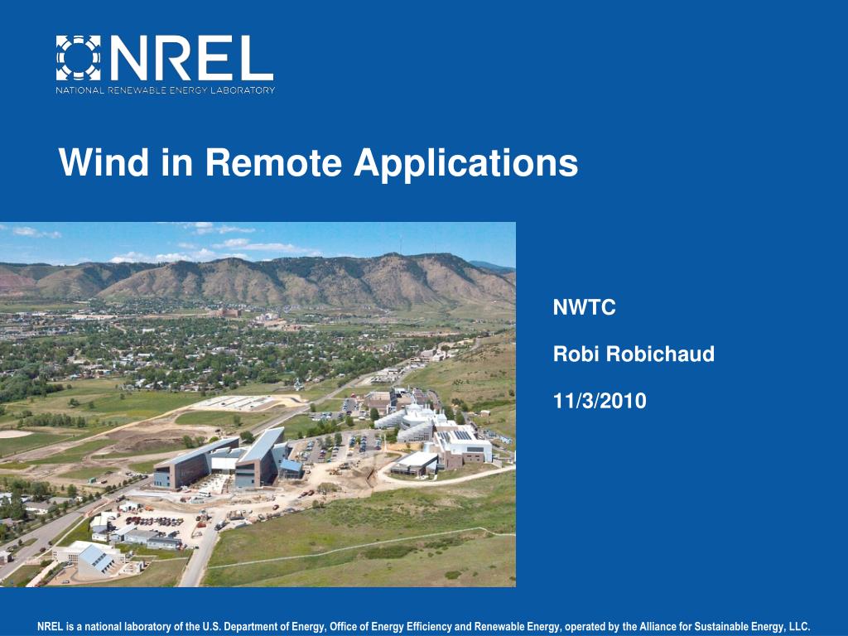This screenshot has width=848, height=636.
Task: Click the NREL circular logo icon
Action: [x=79, y=58]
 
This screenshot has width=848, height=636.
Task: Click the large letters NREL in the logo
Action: [x=192, y=58]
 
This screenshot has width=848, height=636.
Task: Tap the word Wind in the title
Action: [x=104, y=161]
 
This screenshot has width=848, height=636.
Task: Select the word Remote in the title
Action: [x=273, y=161]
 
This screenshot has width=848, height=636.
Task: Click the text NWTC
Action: [x=584, y=308]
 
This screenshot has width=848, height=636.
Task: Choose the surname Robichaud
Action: [x=660, y=354]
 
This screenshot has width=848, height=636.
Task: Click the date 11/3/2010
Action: [x=600, y=401]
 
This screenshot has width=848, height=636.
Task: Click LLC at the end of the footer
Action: [x=800, y=627]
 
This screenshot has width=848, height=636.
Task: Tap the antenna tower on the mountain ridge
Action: [x=400, y=245]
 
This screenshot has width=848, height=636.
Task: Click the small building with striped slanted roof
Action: [x=96, y=559]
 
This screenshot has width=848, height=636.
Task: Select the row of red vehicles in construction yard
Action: [x=155, y=521]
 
